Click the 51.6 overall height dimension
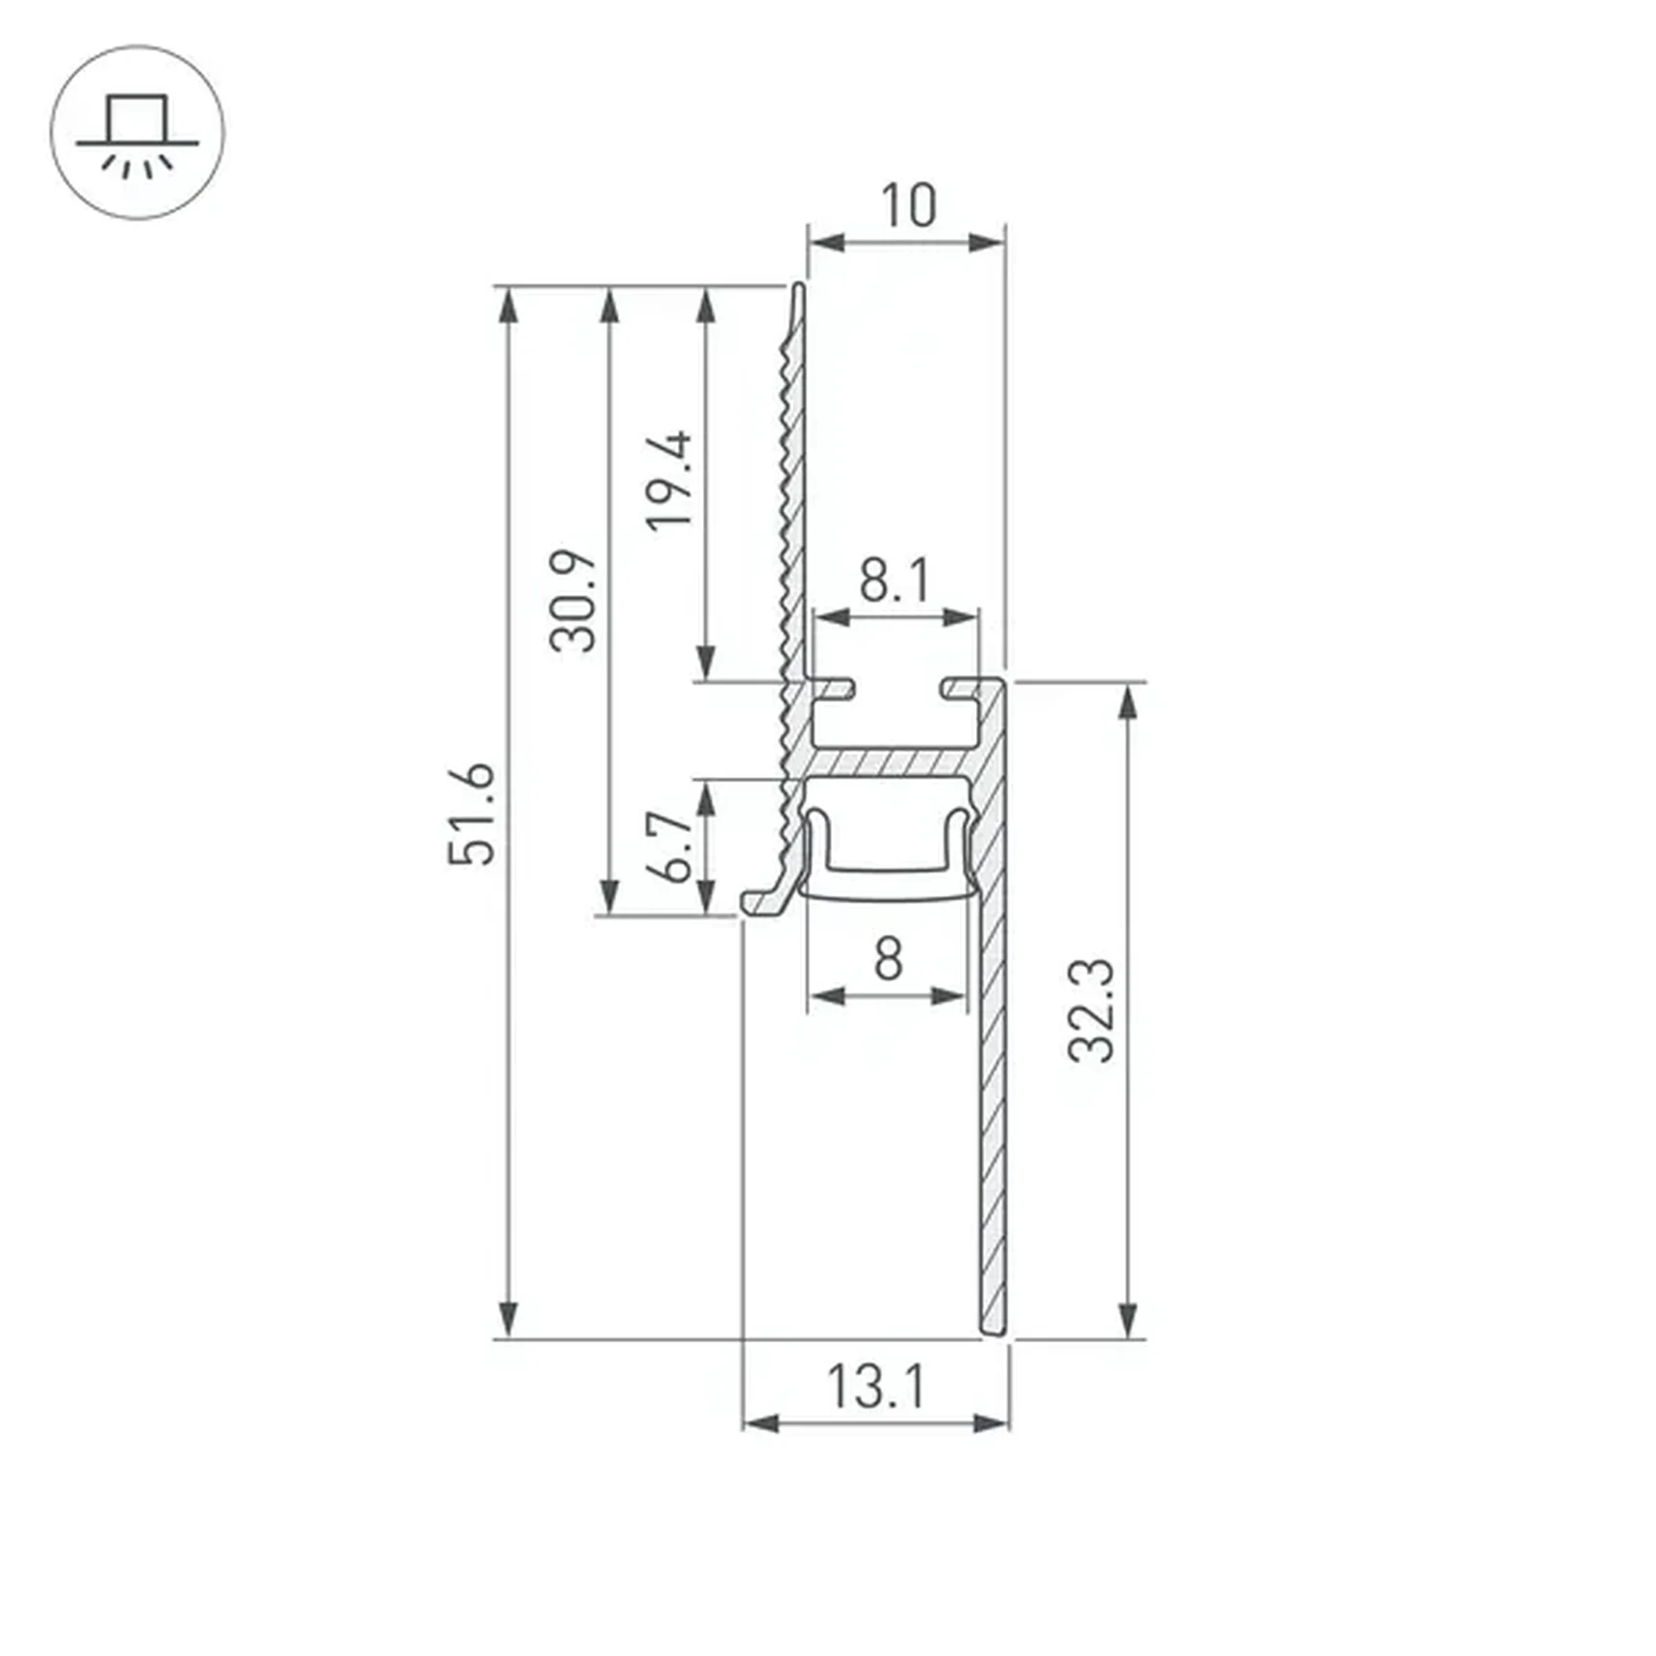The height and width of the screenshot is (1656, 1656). tap(472, 813)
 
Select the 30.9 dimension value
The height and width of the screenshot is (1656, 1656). tap(574, 601)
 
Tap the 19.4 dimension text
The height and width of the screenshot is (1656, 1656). tap(670, 480)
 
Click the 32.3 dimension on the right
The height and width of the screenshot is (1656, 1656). tap(1092, 1010)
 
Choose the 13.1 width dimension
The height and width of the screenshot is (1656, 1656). tap(875, 1387)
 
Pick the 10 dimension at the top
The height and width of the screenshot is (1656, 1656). tap(907, 205)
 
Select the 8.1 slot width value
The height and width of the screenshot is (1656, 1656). tap(894, 581)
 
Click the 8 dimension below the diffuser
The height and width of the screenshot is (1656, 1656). tap(888, 959)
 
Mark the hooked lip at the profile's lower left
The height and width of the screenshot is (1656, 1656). tap(761, 901)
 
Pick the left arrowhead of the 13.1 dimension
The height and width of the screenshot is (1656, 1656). tap(761, 1423)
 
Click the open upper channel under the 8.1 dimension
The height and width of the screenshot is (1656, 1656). tap(895, 717)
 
